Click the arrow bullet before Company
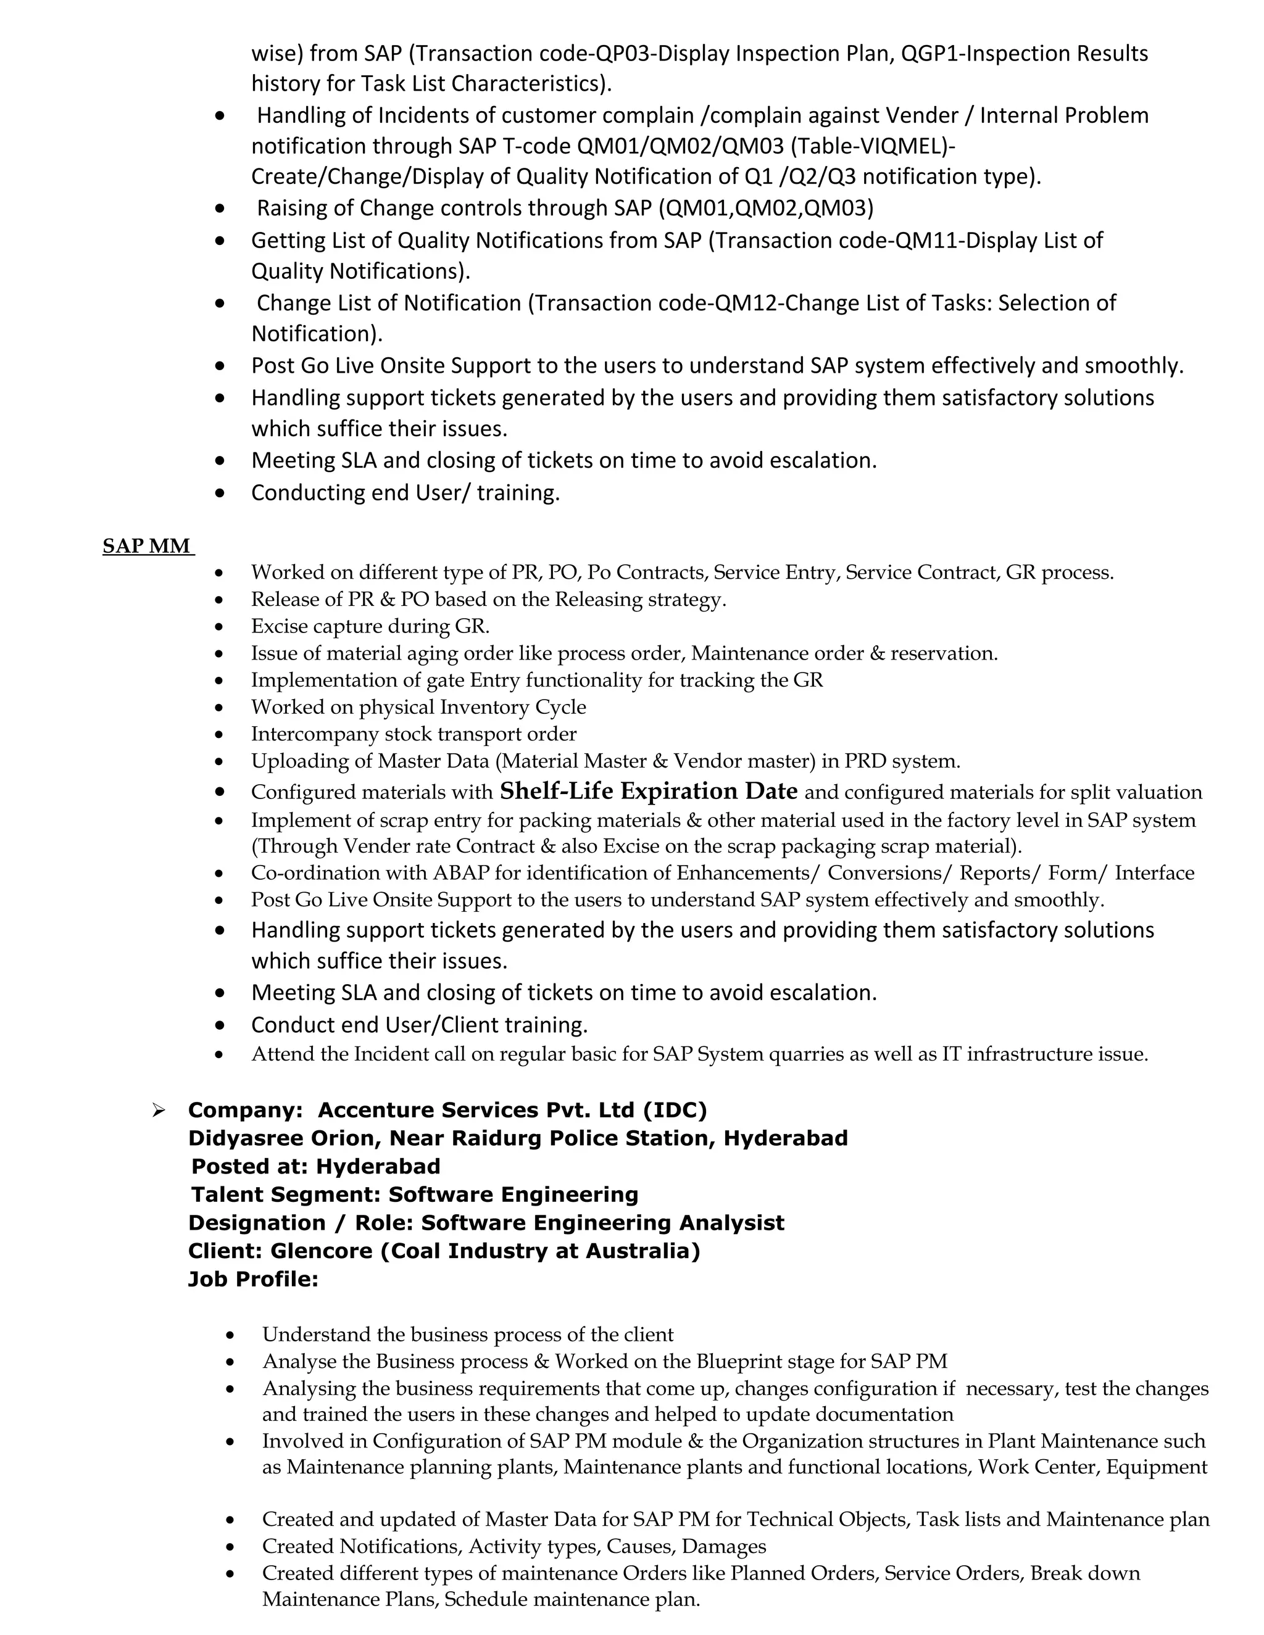tap(158, 1110)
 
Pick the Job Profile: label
tap(253, 1280)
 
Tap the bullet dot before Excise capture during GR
tap(218, 627)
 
